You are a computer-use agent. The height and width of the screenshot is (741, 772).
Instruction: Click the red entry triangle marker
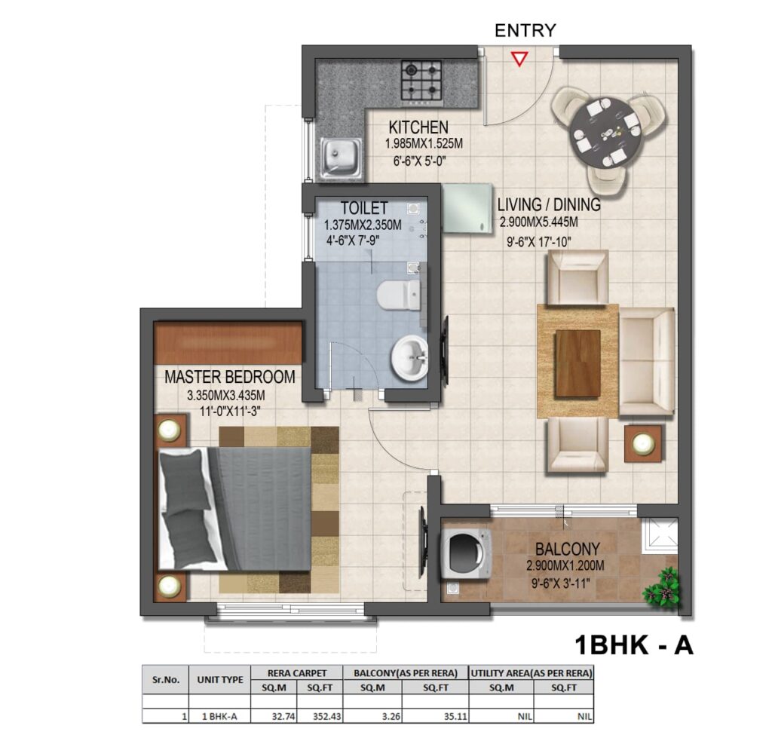pos(519,59)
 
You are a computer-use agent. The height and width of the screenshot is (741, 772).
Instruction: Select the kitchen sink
pos(341,158)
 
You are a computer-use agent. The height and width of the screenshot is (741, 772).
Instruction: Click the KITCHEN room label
pos(418,127)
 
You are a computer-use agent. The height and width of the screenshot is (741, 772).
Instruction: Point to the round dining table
pos(606,134)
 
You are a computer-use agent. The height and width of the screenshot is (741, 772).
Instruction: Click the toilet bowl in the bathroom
pos(399,295)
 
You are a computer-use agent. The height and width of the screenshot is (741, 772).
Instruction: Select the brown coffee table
pos(578,363)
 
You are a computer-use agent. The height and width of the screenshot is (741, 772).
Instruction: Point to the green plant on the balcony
pos(661,589)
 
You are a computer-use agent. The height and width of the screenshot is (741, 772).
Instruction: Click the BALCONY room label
pos(567,549)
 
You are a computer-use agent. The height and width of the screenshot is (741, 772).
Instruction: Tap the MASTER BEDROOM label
pos(229,377)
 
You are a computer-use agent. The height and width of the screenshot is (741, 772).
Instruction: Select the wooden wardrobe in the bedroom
pos(228,343)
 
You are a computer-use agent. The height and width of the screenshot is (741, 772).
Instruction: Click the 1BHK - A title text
pos(634,645)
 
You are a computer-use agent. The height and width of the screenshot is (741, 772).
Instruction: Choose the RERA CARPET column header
pos(297,673)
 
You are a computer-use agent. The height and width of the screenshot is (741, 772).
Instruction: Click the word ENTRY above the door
pos(525,30)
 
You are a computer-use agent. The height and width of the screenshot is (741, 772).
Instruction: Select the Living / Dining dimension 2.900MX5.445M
pos(538,222)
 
